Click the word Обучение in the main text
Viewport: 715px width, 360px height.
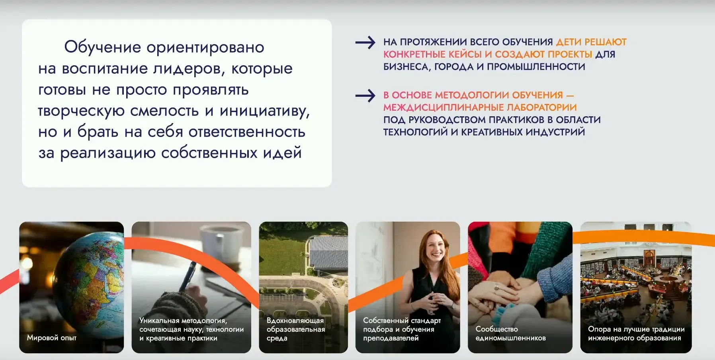pos(103,47)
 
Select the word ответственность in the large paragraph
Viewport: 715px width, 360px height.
pos(247,132)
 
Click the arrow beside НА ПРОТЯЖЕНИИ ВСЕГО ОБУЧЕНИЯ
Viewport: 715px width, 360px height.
pos(365,42)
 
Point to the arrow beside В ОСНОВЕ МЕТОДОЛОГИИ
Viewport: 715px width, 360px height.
pos(365,96)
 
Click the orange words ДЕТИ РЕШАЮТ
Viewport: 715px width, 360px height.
pos(591,42)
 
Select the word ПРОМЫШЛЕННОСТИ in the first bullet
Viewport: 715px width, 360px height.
pos(536,67)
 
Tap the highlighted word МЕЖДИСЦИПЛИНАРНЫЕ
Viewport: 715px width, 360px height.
pos(443,108)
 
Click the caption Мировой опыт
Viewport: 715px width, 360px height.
pos(52,338)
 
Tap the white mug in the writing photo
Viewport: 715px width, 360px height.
pos(221,243)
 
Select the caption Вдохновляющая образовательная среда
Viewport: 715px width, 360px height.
pos(296,329)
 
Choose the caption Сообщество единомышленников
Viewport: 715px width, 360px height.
pos(511,334)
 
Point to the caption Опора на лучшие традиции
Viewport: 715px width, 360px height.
pos(636,329)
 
